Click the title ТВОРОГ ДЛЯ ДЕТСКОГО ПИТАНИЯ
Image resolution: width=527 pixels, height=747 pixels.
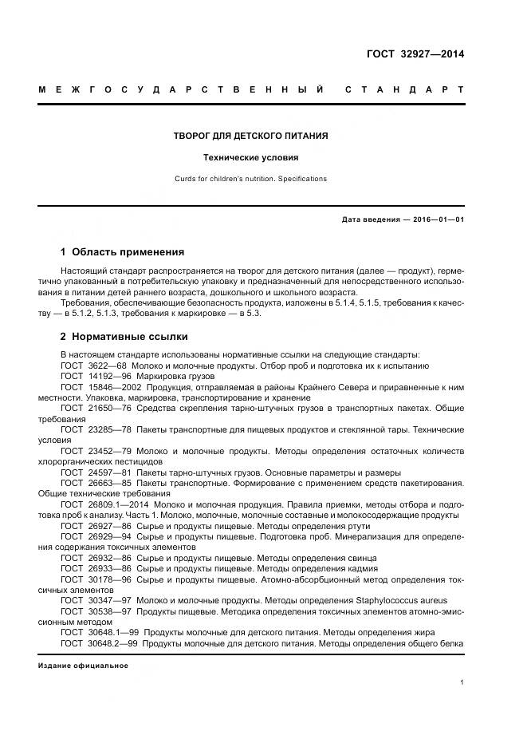[251, 136]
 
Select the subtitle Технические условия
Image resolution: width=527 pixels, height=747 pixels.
[251, 158]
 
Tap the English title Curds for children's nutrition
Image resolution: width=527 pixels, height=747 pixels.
[251, 179]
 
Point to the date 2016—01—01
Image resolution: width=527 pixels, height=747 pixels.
[438, 219]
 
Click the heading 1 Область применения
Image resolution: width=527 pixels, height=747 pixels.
[122, 251]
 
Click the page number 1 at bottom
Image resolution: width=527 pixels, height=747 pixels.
[462, 682]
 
